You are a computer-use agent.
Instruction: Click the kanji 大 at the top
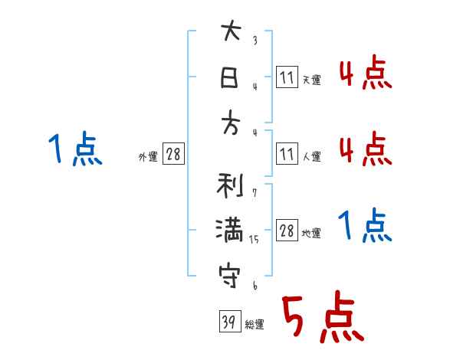(230, 34)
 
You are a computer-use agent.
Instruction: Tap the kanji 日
(230, 78)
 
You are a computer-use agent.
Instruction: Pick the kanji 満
(230, 231)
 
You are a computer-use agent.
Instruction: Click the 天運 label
(311, 80)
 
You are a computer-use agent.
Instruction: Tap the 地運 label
(311, 234)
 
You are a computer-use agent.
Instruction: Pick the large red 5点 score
(322, 319)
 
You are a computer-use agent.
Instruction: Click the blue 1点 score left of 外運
(74, 149)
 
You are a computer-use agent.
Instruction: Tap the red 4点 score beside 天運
(365, 74)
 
